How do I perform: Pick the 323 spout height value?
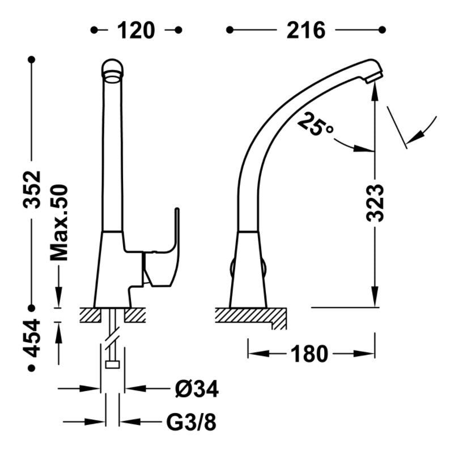375,202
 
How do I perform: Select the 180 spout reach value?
309,354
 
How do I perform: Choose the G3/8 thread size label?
190,422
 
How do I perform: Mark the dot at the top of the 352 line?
32,59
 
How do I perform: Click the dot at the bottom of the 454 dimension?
32,368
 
